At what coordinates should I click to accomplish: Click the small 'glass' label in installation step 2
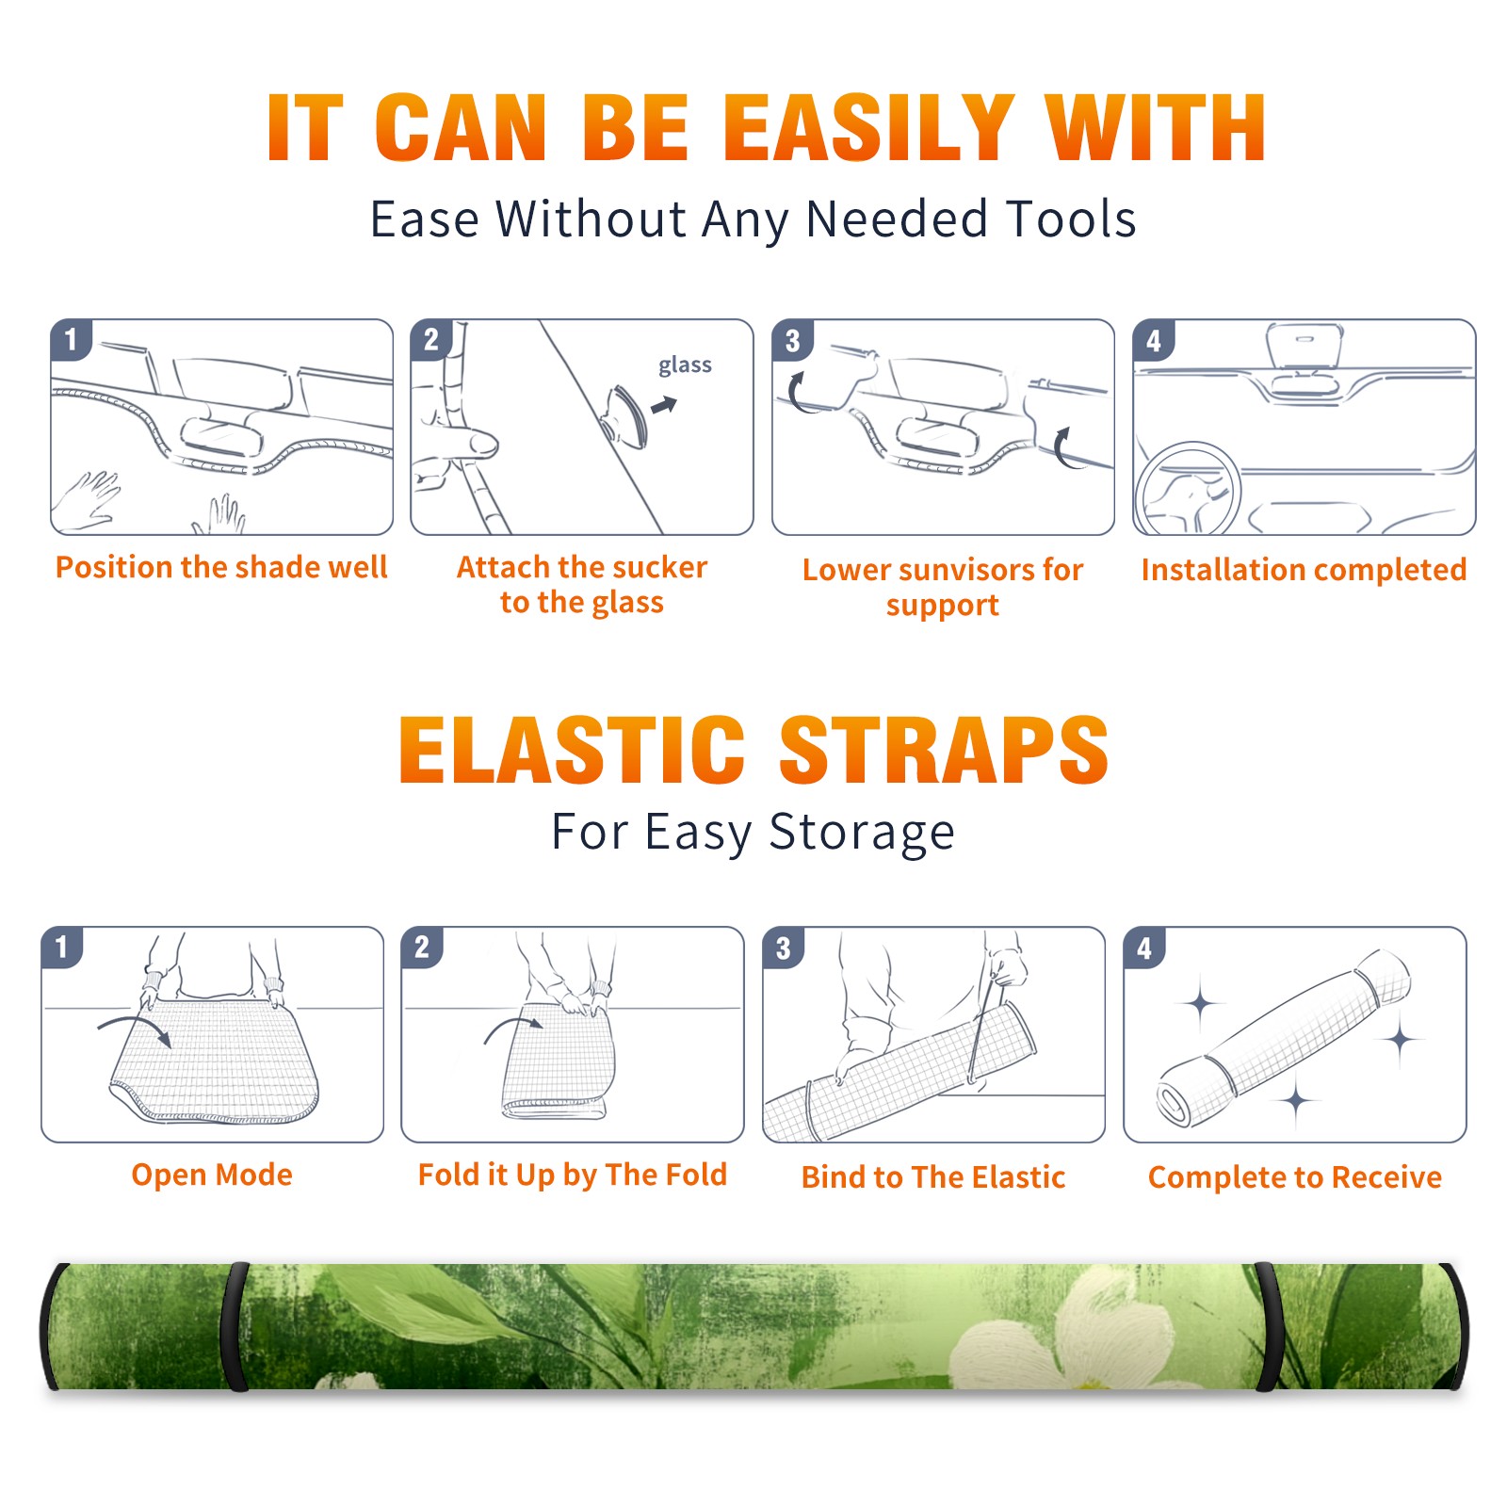point(685,365)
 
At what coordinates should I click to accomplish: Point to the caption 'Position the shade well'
point(221,567)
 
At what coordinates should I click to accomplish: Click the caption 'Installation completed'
point(1304,569)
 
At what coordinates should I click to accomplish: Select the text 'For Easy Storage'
point(753,832)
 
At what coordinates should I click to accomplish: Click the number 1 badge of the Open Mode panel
point(62,947)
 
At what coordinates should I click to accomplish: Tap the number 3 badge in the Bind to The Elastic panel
point(783,948)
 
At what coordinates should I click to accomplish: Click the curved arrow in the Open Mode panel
point(135,1029)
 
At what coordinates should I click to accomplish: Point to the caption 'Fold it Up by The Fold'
point(573,1175)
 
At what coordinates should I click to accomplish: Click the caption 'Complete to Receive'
point(1295,1177)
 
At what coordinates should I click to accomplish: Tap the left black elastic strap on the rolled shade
point(237,1326)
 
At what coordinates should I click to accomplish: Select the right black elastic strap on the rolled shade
point(1267,1326)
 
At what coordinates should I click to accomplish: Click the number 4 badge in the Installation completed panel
point(1154,340)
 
